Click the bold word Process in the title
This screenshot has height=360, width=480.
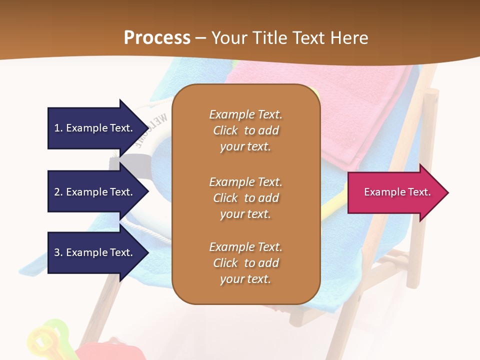coord(157,38)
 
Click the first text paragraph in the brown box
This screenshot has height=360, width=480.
coord(245,130)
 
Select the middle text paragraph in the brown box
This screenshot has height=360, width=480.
coord(245,198)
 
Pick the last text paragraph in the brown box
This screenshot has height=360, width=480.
coord(245,263)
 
